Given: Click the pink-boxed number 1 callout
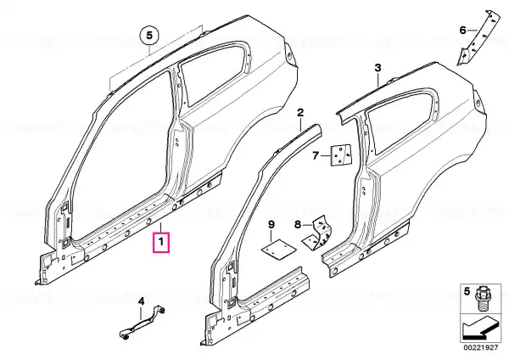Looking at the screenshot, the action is coord(160,242).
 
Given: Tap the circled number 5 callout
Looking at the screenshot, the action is coord(149,35).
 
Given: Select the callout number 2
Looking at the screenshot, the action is coord(300,113).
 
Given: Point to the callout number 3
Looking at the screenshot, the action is coord(378,68).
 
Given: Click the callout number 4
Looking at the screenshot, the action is coord(141,302).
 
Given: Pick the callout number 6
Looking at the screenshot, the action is coord(463,31).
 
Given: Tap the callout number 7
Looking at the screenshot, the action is coord(316,156).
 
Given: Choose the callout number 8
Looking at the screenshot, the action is coord(298,224).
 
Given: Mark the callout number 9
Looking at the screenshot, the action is coord(271,224).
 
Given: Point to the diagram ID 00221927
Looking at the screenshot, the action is coord(480,347).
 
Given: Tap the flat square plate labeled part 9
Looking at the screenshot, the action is coord(279,249).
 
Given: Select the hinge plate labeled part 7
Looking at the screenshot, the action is coord(341,155).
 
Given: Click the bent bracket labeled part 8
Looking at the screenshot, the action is coord(318,235).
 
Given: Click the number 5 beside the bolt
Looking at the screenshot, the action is coord(467,291).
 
